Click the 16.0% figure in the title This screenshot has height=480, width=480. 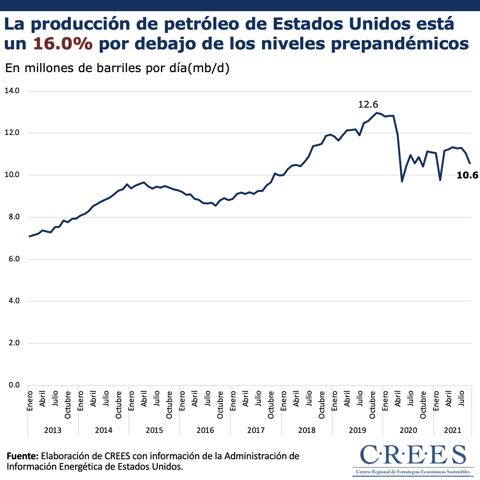[x=63, y=44]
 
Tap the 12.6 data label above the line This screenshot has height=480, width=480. [x=368, y=105]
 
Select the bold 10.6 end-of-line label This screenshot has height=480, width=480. [x=467, y=175]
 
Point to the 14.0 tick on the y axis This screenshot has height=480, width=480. [x=12, y=91]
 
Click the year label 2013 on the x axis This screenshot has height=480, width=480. [x=53, y=430]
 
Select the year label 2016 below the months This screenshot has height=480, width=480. [x=205, y=430]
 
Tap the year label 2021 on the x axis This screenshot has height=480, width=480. [x=453, y=430]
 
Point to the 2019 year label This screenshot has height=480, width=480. [x=358, y=430]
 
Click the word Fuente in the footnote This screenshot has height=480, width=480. [x=23, y=456]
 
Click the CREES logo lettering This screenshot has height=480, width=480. [x=413, y=455]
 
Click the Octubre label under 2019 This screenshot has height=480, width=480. [x=372, y=405]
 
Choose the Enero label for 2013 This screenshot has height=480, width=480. [x=30, y=401]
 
